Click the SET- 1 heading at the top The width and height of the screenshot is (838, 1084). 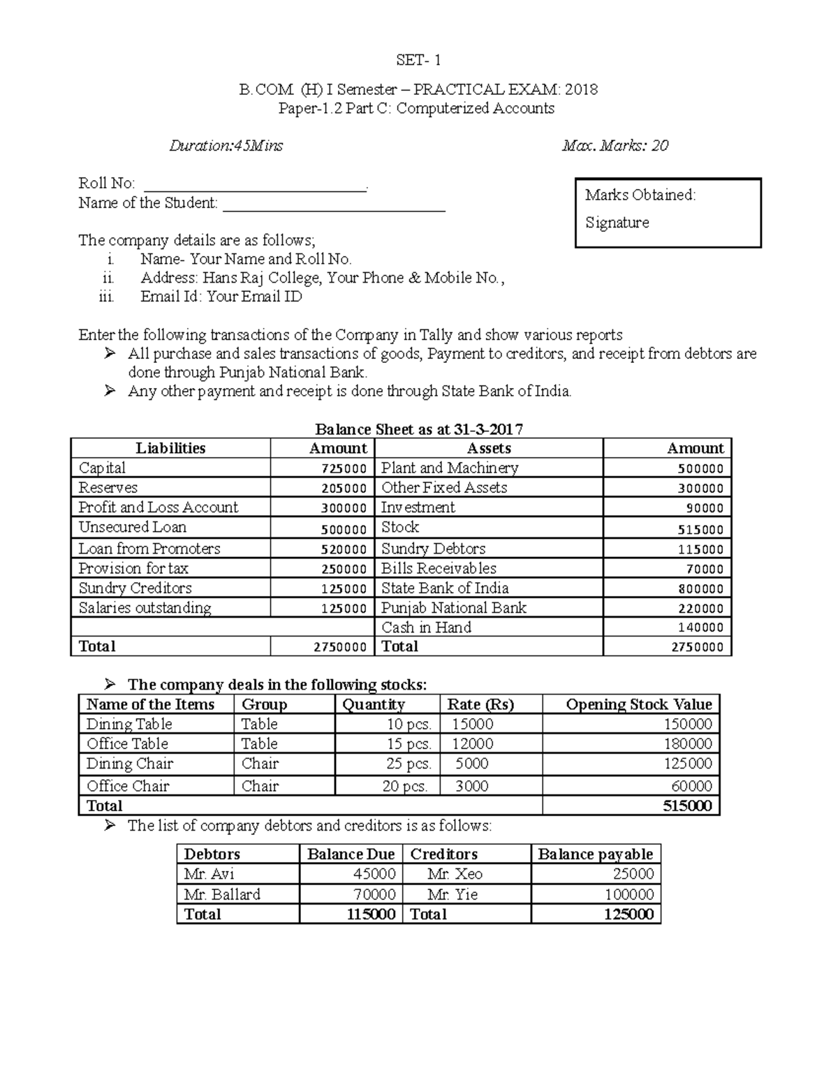tap(418, 60)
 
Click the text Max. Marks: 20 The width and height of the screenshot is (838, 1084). tap(615, 146)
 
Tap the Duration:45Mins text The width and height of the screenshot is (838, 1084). tap(226, 146)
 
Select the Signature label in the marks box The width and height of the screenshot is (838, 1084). tap(617, 223)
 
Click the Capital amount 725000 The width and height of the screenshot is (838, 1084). tap(344, 469)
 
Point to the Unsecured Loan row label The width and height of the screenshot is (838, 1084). tap(133, 528)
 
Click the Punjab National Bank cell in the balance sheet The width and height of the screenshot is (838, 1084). tap(454, 608)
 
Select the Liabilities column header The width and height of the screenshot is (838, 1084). tap(170, 449)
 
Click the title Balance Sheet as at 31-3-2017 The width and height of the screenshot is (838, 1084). tap(419, 429)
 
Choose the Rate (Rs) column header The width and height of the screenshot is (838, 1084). tap(480, 705)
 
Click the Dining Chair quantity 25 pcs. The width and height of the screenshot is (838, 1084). tap(409, 764)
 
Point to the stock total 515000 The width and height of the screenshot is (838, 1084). tap(687, 806)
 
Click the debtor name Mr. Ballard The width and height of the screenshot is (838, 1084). tap(222, 895)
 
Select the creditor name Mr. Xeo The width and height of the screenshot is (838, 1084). tap(455, 875)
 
